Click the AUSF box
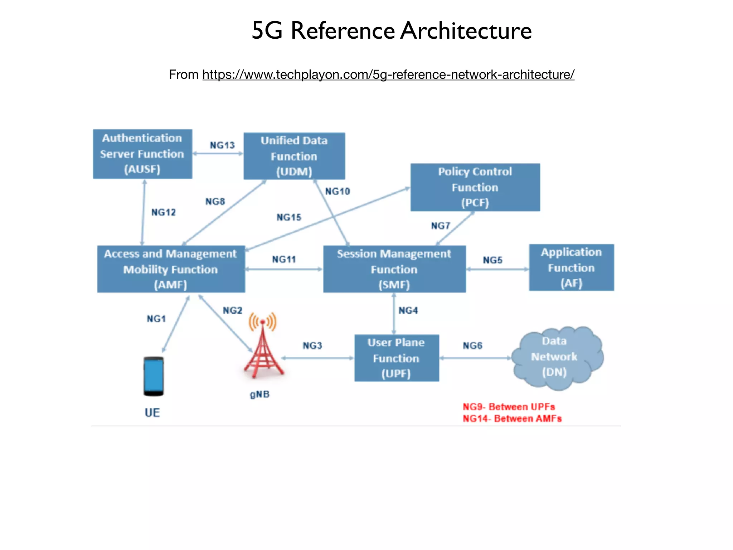click(142, 154)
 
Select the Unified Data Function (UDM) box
click(294, 156)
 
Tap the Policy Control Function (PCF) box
click(475, 187)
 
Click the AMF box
click(171, 269)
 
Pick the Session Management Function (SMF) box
click(394, 269)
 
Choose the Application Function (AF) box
click(571, 267)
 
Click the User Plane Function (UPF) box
click(397, 358)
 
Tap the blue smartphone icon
click(154, 376)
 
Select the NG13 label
click(222, 145)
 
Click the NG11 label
click(284, 259)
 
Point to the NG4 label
click(408, 310)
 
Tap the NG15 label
click(289, 217)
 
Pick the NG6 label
click(472, 346)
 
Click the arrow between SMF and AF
click(497, 269)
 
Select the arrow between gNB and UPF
click(317, 358)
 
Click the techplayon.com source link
click(388, 74)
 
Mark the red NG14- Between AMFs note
click(512, 419)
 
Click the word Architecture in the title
click(466, 31)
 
